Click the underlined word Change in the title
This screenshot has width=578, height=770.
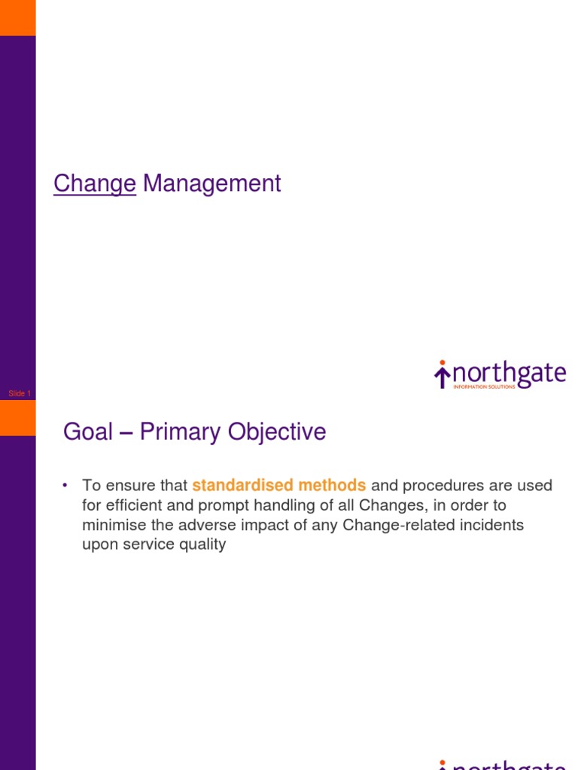point(95,183)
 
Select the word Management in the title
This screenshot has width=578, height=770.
point(211,183)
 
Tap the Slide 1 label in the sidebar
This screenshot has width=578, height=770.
point(20,393)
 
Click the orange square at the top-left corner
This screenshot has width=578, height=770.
point(17,17)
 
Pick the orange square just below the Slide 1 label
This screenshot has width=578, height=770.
point(17,418)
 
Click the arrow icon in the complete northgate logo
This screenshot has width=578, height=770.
point(443,374)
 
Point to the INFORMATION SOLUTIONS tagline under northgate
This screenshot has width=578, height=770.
point(484,387)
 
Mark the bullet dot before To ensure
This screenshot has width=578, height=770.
point(66,486)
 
